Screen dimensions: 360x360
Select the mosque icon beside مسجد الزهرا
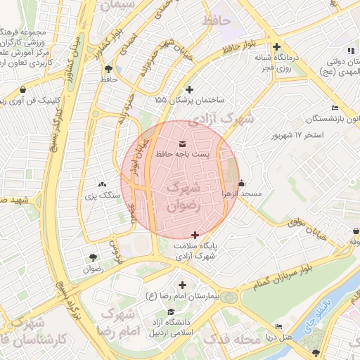pyautogui.click(x=242, y=184)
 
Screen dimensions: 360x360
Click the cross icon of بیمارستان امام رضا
pyautogui.click(x=183, y=285)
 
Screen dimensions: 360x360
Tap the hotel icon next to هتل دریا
pyautogui.click(x=279, y=327)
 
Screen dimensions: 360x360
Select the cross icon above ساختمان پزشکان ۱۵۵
pyautogui.click(x=188, y=89)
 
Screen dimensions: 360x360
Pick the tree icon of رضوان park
pyautogui.click(x=93, y=258)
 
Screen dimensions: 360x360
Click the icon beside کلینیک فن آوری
pyautogui.click(x=23, y=90)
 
